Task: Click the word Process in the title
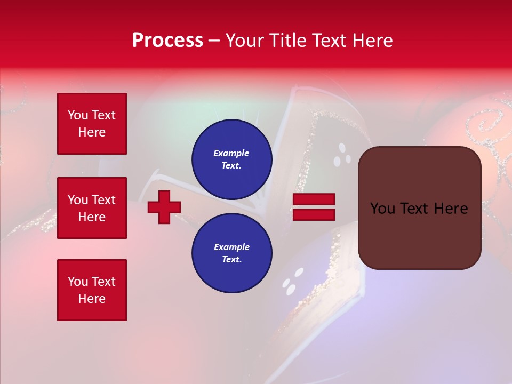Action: [x=167, y=41]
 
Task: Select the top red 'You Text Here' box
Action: [x=92, y=124]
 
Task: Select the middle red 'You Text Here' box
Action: [x=92, y=208]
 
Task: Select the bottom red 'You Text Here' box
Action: [x=92, y=290]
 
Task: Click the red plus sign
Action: [x=164, y=207]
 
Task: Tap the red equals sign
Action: [x=314, y=207]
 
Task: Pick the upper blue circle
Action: [x=232, y=159]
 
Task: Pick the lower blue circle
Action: [x=232, y=253]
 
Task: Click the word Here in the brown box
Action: [x=451, y=209]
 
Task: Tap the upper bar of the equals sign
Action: [x=314, y=199]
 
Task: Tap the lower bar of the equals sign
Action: [x=314, y=214]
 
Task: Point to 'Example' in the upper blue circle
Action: [x=231, y=153]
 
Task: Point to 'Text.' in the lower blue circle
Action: [x=231, y=259]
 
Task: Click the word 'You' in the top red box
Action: [x=78, y=115]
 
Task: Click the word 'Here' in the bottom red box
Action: [x=92, y=299]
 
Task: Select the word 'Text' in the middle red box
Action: [x=103, y=200]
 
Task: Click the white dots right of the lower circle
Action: [x=293, y=282]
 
